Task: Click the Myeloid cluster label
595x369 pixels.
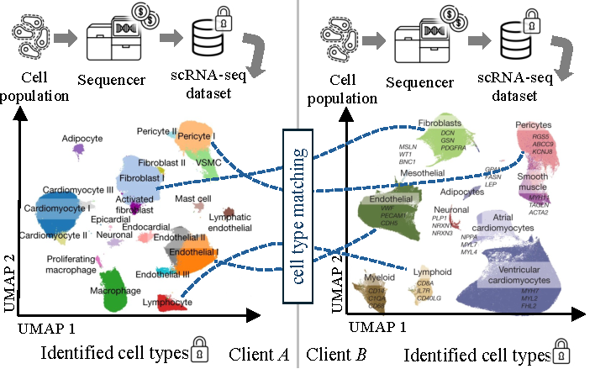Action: click(x=379, y=277)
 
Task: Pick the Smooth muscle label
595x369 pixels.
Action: click(x=532, y=183)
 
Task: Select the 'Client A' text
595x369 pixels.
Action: click(x=259, y=356)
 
